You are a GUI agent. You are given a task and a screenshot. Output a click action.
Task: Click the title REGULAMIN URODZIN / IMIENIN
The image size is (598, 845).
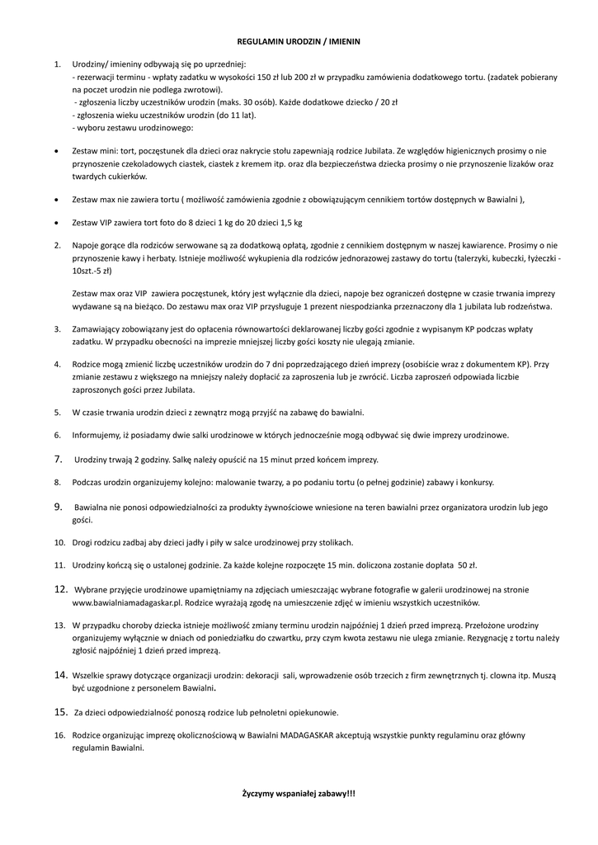pos(299,40)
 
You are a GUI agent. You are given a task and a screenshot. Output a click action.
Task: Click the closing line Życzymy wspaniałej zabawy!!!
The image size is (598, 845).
pos(299,793)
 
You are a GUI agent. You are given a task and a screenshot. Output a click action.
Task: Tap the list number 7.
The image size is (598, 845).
pos(59,458)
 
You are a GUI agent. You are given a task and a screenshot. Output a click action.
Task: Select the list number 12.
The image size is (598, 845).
pos(60,589)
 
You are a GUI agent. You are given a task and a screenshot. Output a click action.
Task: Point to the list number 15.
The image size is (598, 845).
pos(60,711)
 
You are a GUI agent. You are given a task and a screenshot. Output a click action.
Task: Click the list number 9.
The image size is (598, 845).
pos(59,506)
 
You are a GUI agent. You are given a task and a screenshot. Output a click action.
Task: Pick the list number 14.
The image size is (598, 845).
pos(60,674)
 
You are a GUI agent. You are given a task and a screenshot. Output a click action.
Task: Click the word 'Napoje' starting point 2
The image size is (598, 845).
pos(87,245)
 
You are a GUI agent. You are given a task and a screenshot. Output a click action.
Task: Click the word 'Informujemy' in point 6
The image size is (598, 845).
pos(97,435)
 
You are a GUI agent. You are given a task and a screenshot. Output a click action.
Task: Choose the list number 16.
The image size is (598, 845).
pos(59,734)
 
